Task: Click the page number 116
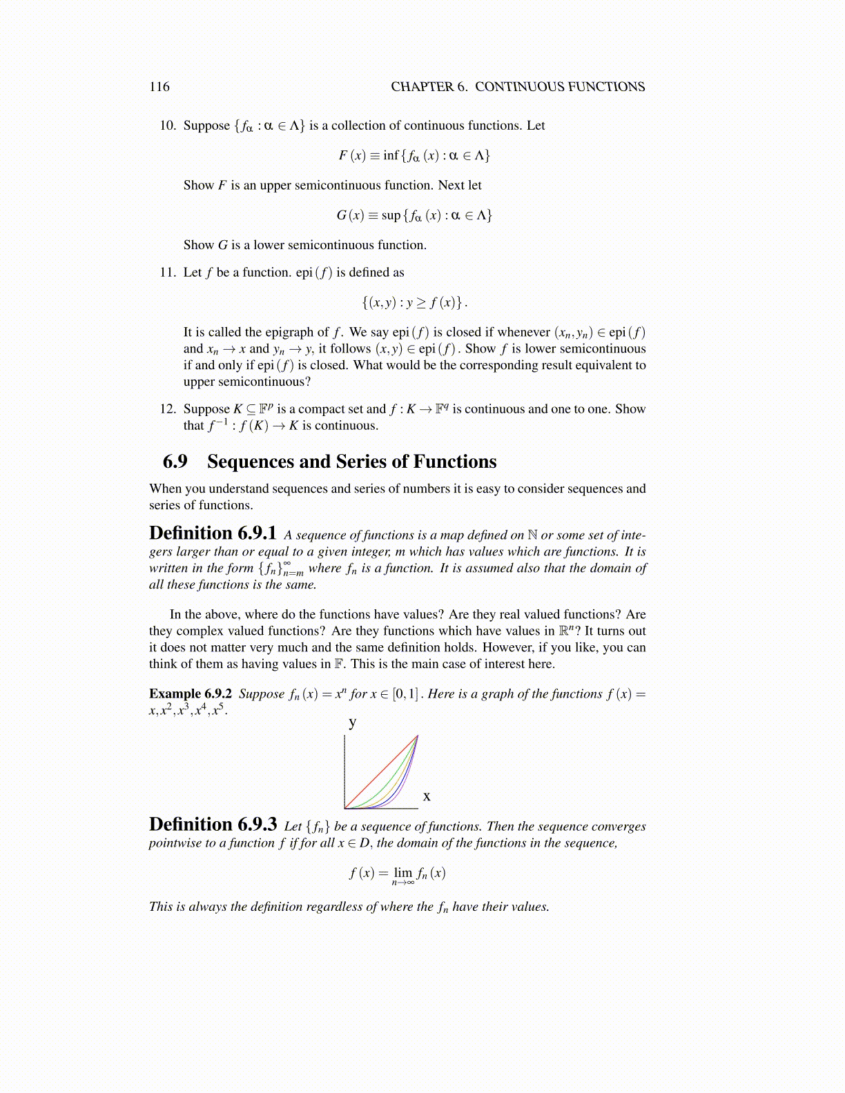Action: click(159, 86)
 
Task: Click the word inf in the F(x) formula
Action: click(391, 155)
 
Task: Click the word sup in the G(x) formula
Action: click(391, 215)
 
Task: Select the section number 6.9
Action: click(175, 462)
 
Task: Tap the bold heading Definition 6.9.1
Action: click(213, 533)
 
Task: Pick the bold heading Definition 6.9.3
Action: click(213, 825)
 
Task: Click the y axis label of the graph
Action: click(353, 722)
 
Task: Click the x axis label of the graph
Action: click(427, 796)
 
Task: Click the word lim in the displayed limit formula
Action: click(402, 872)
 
